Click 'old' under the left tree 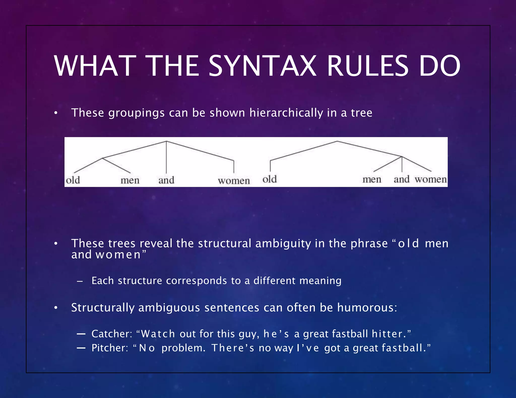(73, 180)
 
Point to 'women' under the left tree (234, 181)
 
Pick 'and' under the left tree (166, 180)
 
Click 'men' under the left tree (130, 180)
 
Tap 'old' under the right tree (270, 179)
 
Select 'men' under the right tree (372, 179)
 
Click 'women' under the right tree (431, 179)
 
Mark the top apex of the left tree (166, 141)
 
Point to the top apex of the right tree (337, 141)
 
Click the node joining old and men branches (103, 158)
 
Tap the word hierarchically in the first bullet (286, 113)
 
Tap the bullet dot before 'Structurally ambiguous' (56, 308)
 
